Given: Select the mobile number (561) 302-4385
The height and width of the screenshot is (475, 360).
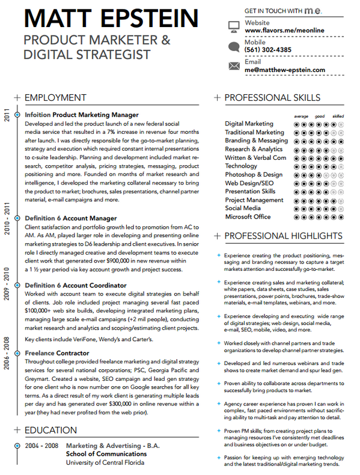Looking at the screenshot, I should coord(268,50).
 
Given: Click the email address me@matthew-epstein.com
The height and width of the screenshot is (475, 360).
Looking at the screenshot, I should coord(285,70).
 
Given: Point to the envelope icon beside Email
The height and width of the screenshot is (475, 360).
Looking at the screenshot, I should coord(233,65).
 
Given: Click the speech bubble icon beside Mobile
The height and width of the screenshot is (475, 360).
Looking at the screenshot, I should coord(233,46).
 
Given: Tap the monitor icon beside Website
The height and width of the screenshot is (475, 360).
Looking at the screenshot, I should coord(233,26).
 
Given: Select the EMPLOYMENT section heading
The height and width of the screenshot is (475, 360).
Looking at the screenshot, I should coord(55,97).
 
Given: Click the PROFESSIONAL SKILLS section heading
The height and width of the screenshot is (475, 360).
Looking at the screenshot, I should coord(272,97).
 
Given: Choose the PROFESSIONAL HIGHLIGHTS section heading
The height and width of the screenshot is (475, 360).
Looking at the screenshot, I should coord(281,236).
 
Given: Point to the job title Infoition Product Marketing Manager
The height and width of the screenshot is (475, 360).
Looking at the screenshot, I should coord(82,114).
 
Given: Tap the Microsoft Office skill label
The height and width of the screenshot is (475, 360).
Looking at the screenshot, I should coord(248,217).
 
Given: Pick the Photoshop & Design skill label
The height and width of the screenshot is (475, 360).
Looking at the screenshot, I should coord(254,175).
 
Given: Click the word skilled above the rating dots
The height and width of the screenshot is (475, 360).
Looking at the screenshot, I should coord(338,116).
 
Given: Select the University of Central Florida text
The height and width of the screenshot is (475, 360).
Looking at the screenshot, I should coord(105,462).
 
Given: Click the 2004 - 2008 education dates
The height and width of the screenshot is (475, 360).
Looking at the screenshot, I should coord(41,446).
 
